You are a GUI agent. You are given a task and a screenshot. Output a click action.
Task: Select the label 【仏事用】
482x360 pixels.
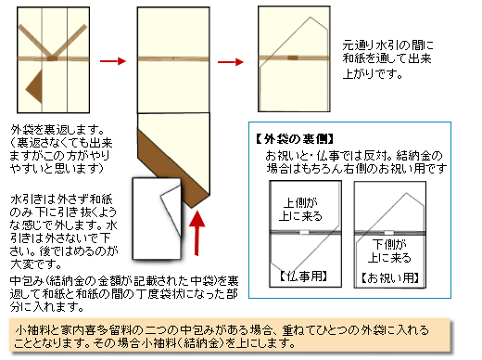pos(301,276)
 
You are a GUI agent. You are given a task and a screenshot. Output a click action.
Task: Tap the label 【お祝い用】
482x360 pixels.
pos(388,276)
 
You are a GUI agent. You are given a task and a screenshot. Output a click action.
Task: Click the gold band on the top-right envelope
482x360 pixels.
pos(286,60)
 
